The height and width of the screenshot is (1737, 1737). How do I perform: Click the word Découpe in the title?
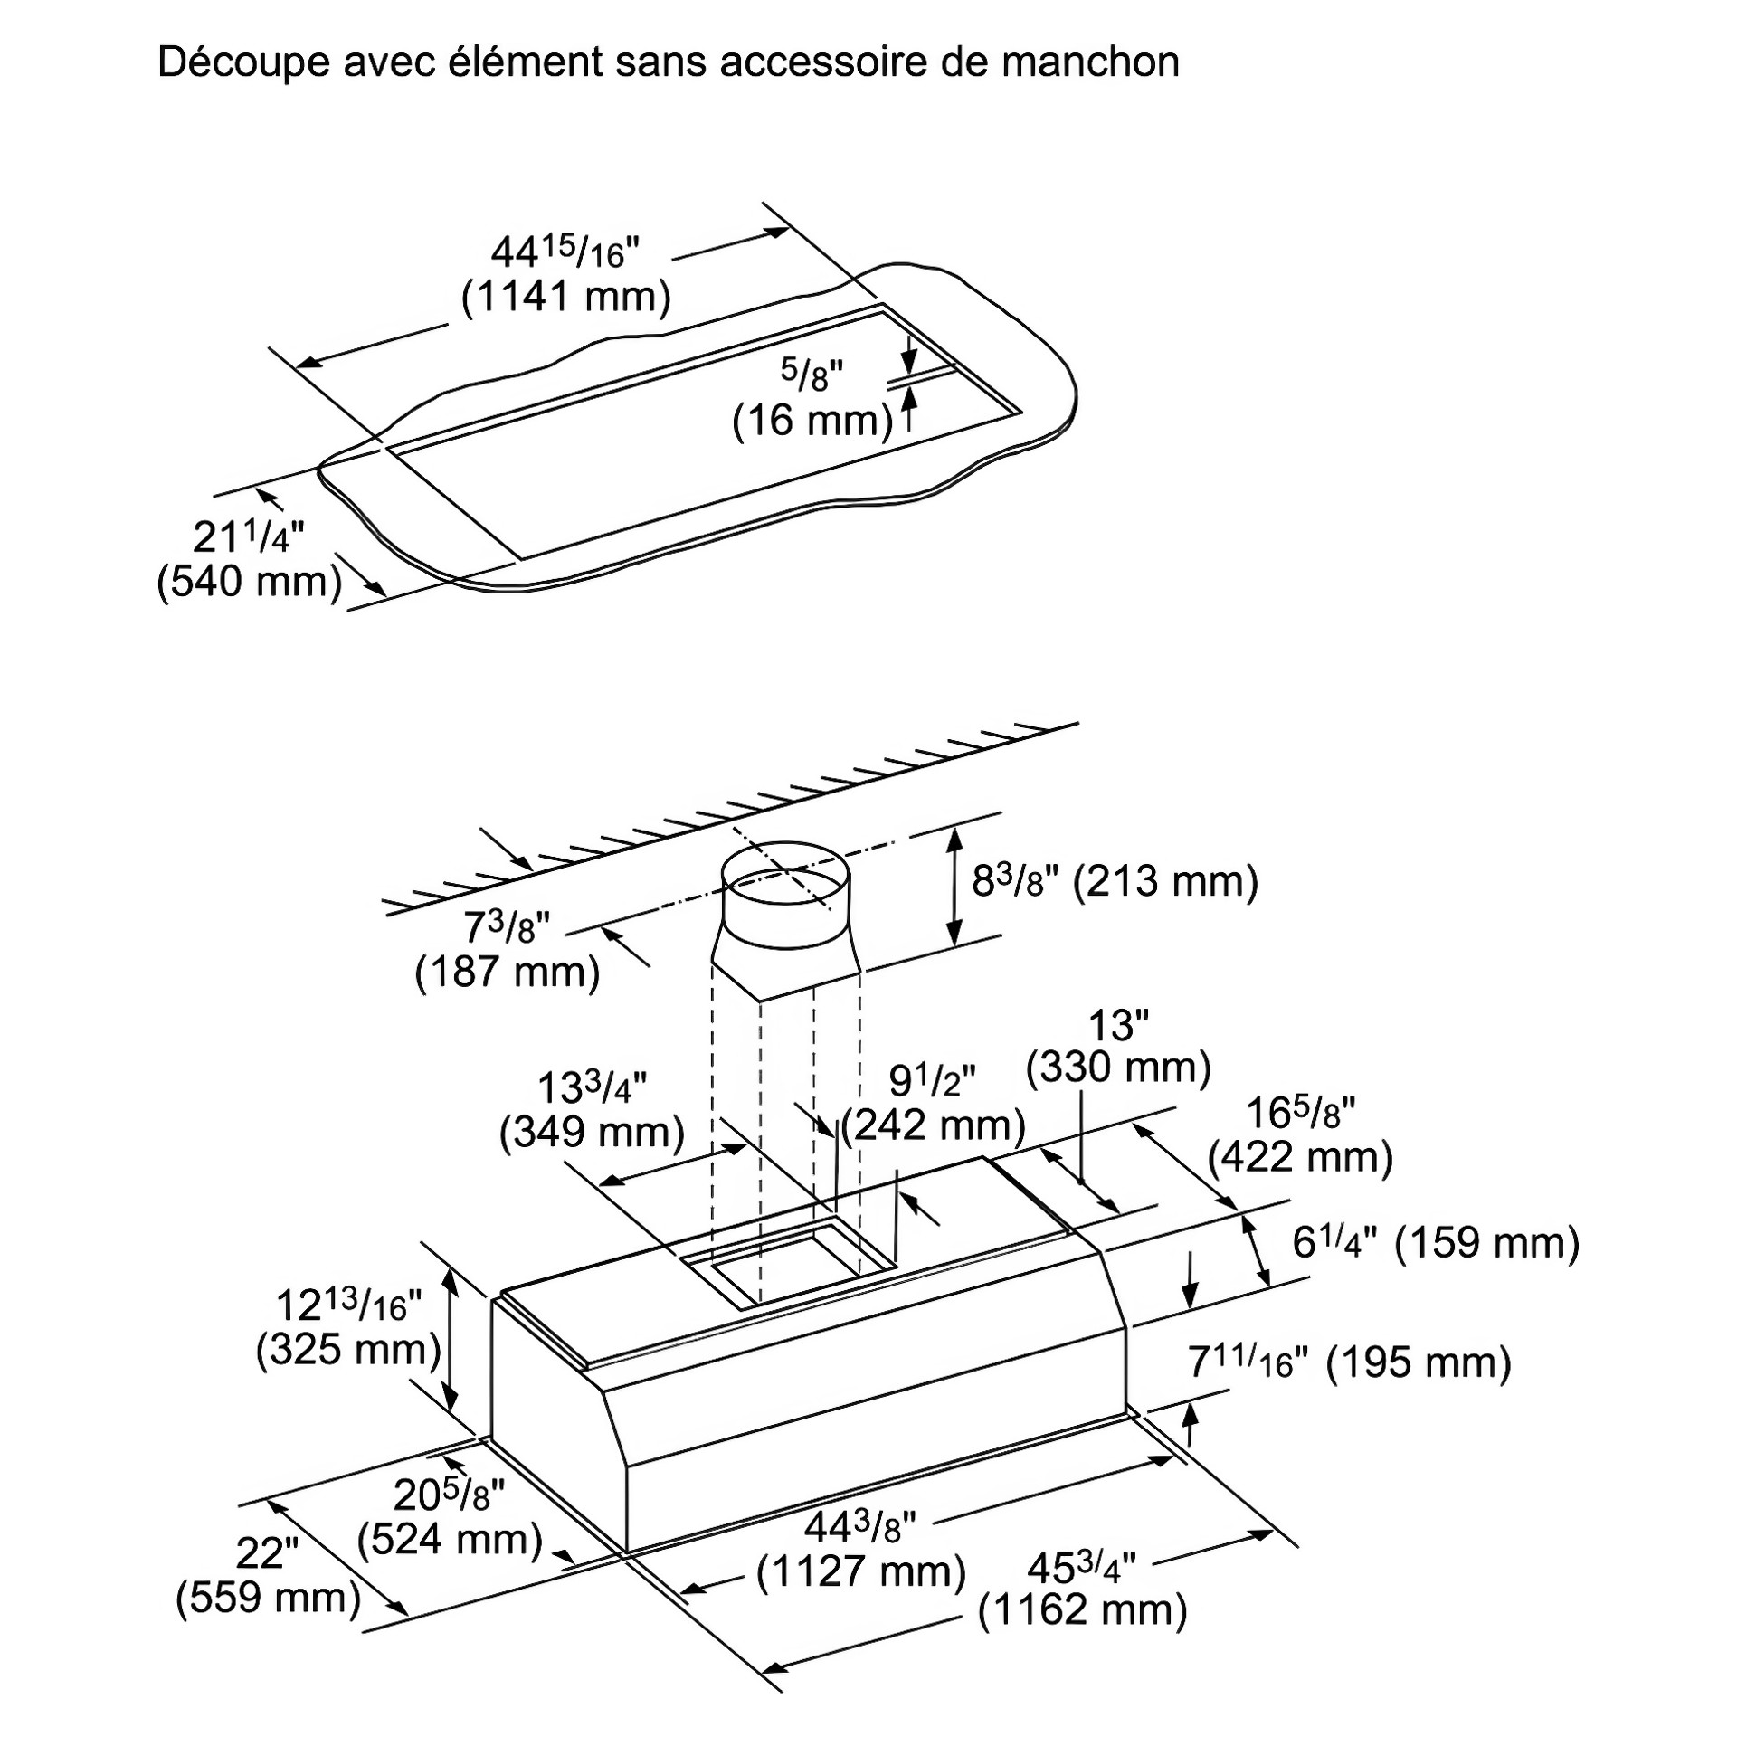click(x=242, y=63)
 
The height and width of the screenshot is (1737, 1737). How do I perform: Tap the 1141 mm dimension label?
click(x=566, y=297)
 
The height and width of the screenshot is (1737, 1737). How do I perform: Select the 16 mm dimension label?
click(x=812, y=421)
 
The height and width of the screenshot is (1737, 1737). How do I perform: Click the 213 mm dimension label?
click(x=1165, y=880)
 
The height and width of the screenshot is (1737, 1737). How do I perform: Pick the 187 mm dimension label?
click(x=508, y=973)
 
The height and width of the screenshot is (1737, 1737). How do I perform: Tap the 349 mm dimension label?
click(x=592, y=1132)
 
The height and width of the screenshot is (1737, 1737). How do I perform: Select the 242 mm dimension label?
click(x=933, y=1125)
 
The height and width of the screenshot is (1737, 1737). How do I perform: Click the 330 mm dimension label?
click(x=1118, y=1068)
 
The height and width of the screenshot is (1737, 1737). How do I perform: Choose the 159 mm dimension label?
click(x=1486, y=1242)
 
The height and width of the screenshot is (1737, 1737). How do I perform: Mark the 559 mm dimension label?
click(x=269, y=1597)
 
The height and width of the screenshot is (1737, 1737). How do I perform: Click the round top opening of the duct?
click(x=784, y=876)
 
